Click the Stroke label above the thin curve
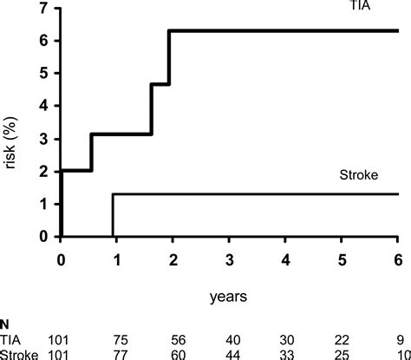[x=357, y=174]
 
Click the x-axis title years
[x=229, y=296]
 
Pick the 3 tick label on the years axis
[x=230, y=258]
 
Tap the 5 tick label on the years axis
[x=342, y=258]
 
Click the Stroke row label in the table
[x=18, y=353]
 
